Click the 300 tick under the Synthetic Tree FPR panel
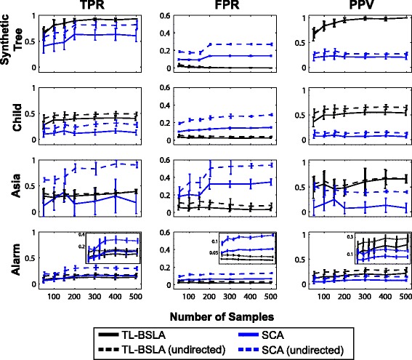(x=230, y=77)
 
